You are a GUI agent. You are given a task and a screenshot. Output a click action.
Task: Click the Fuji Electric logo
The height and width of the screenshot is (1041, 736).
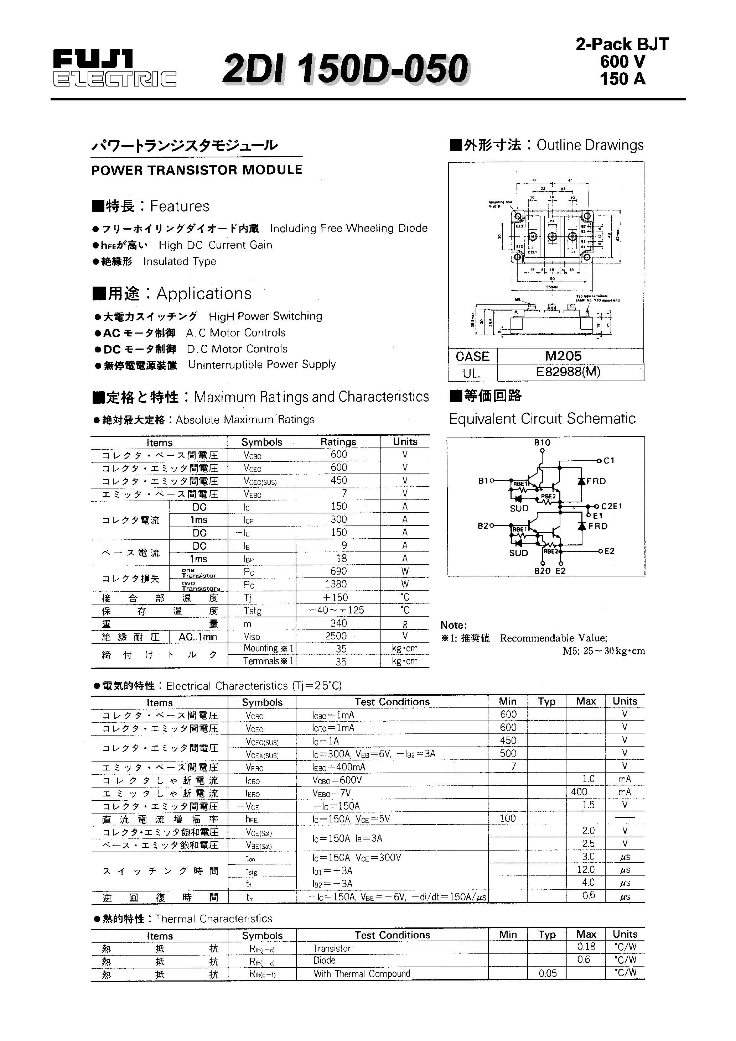coord(114,68)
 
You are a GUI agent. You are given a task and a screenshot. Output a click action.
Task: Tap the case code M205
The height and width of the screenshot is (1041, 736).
coord(563,356)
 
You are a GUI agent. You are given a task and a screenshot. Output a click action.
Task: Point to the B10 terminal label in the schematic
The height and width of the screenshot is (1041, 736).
coord(542,443)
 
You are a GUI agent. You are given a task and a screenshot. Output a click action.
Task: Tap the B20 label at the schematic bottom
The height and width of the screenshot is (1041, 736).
coord(542,571)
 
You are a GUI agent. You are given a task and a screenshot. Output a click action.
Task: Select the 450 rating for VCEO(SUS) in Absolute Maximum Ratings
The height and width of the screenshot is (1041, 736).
coord(338,480)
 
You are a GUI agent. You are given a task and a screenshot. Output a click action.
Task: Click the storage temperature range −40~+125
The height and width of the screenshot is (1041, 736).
coord(336,610)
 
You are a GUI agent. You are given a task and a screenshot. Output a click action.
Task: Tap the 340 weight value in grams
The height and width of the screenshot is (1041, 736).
coord(338,623)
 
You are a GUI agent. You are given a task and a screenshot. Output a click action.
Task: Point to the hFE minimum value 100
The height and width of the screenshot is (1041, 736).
coord(507,818)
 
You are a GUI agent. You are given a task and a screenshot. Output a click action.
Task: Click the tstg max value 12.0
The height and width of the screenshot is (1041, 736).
coord(586,870)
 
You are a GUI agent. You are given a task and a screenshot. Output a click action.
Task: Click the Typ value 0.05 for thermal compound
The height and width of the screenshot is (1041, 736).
coord(548,973)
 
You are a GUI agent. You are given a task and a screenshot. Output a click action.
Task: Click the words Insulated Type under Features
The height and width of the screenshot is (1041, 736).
coord(180,262)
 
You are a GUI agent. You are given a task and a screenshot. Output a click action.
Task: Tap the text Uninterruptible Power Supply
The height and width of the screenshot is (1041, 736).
coord(262,365)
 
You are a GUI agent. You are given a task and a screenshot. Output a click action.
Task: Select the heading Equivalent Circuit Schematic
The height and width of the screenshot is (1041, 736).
coord(542,418)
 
